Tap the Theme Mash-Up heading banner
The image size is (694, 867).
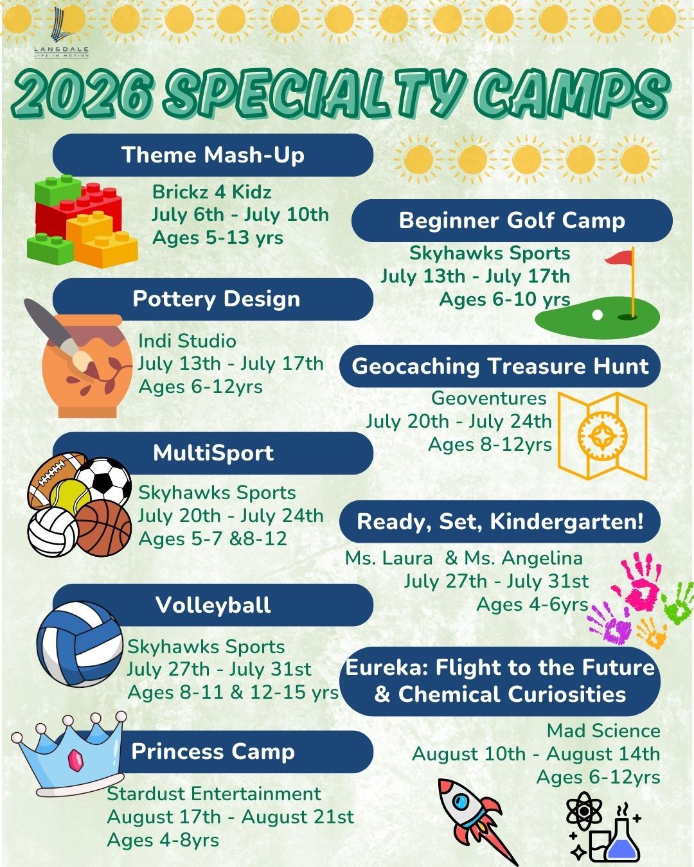pos(213,155)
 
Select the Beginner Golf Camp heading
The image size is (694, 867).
pos(512,220)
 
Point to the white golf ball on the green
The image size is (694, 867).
pos(598,315)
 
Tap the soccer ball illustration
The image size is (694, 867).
pos(103,481)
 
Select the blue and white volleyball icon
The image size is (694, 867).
pos(79,644)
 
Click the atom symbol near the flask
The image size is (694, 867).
pos(583,810)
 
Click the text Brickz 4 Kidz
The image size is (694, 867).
pos(211,192)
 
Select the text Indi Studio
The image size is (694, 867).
pos(187,341)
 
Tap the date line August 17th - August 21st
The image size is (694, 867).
pos(230,817)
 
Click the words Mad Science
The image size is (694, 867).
pos(603,731)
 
